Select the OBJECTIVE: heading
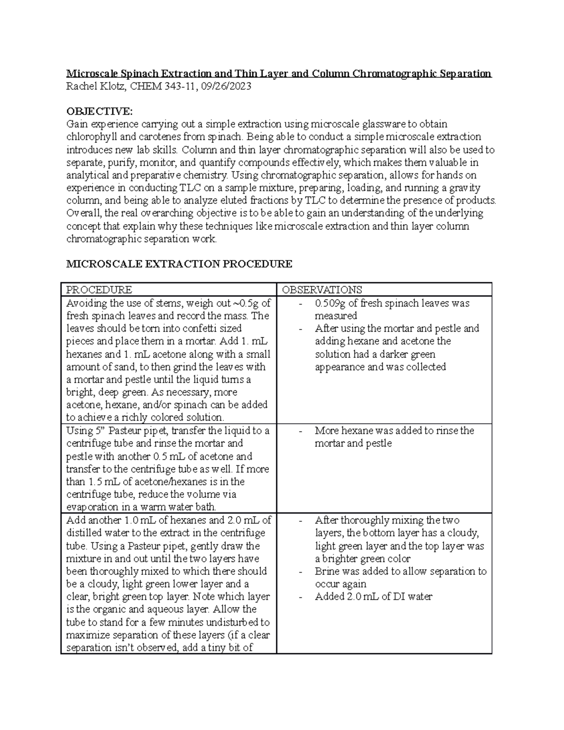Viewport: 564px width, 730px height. click(100, 111)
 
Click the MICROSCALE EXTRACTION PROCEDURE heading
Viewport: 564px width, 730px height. click(179, 264)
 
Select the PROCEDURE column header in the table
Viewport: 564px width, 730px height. click(99, 290)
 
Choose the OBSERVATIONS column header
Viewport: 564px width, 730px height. click(322, 290)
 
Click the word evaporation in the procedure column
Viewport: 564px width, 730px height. click(92, 507)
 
